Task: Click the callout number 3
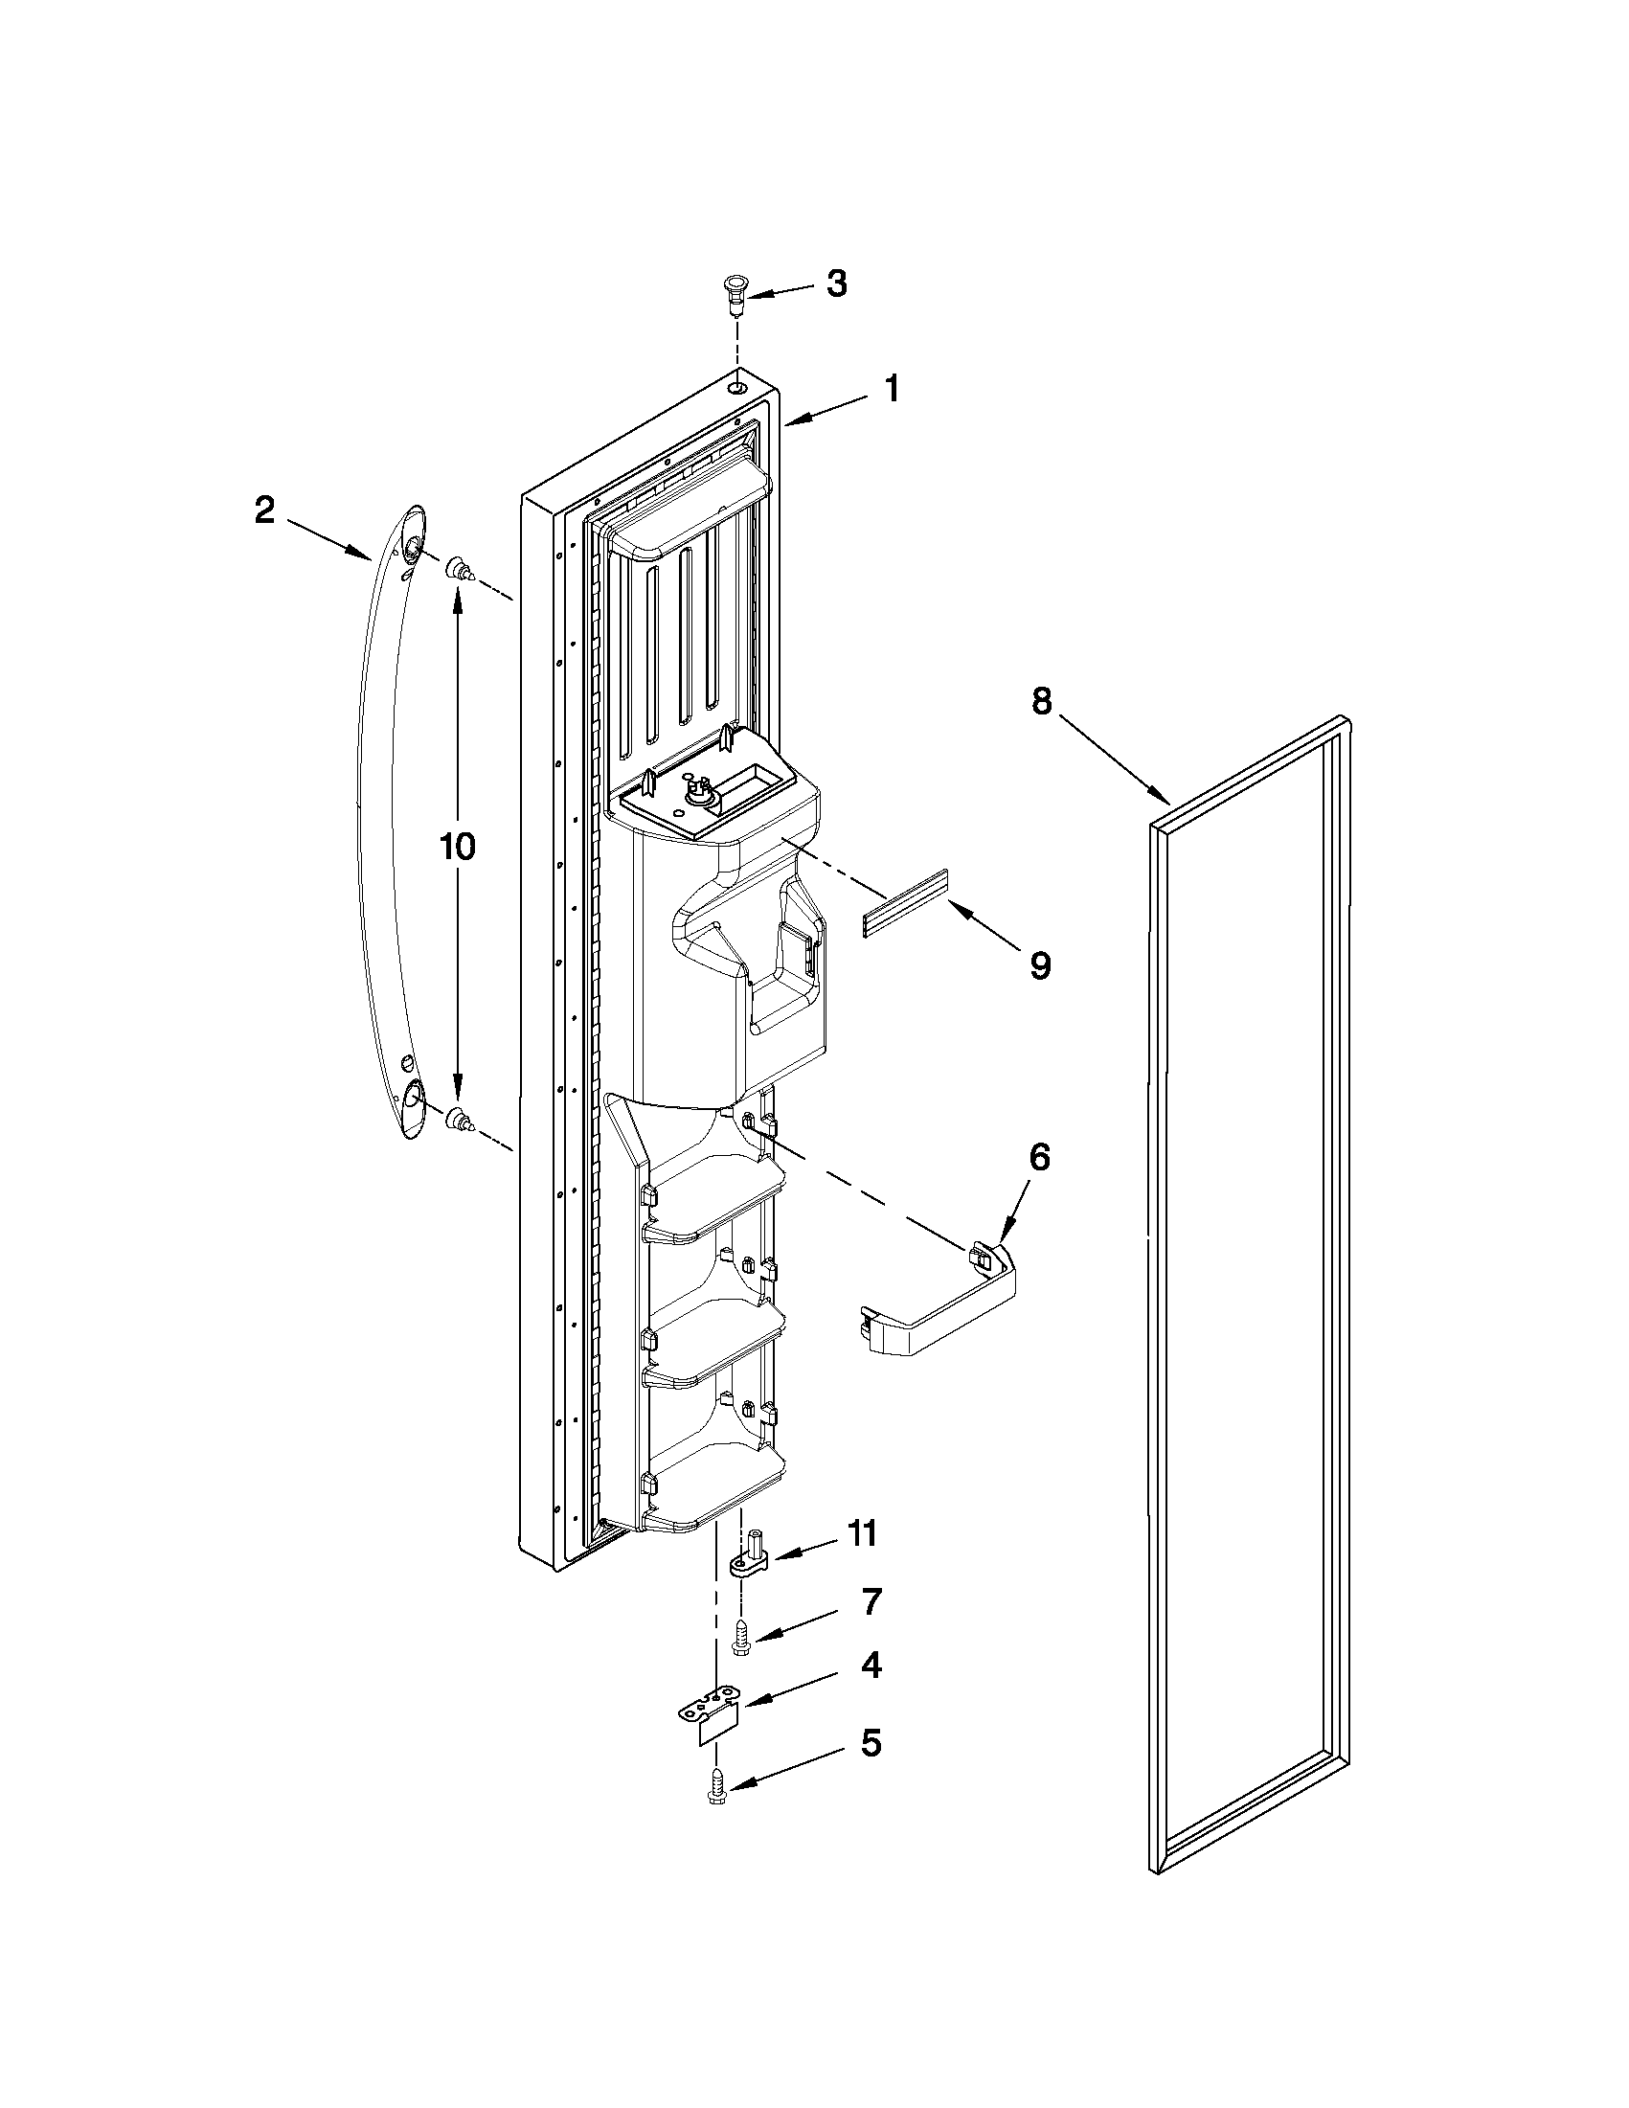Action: coord(836,283)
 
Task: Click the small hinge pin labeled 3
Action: coord(736,291)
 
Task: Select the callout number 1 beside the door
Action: coord(892,390)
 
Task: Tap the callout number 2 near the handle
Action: coord(264,510)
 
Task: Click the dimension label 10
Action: coord(457,847)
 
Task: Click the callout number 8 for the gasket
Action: coord(1041,702)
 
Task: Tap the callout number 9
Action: coord(1040,965)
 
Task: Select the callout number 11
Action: coord(862,1533)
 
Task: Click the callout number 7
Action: coord(871,1602)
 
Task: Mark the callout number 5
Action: coord(871,1743)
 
